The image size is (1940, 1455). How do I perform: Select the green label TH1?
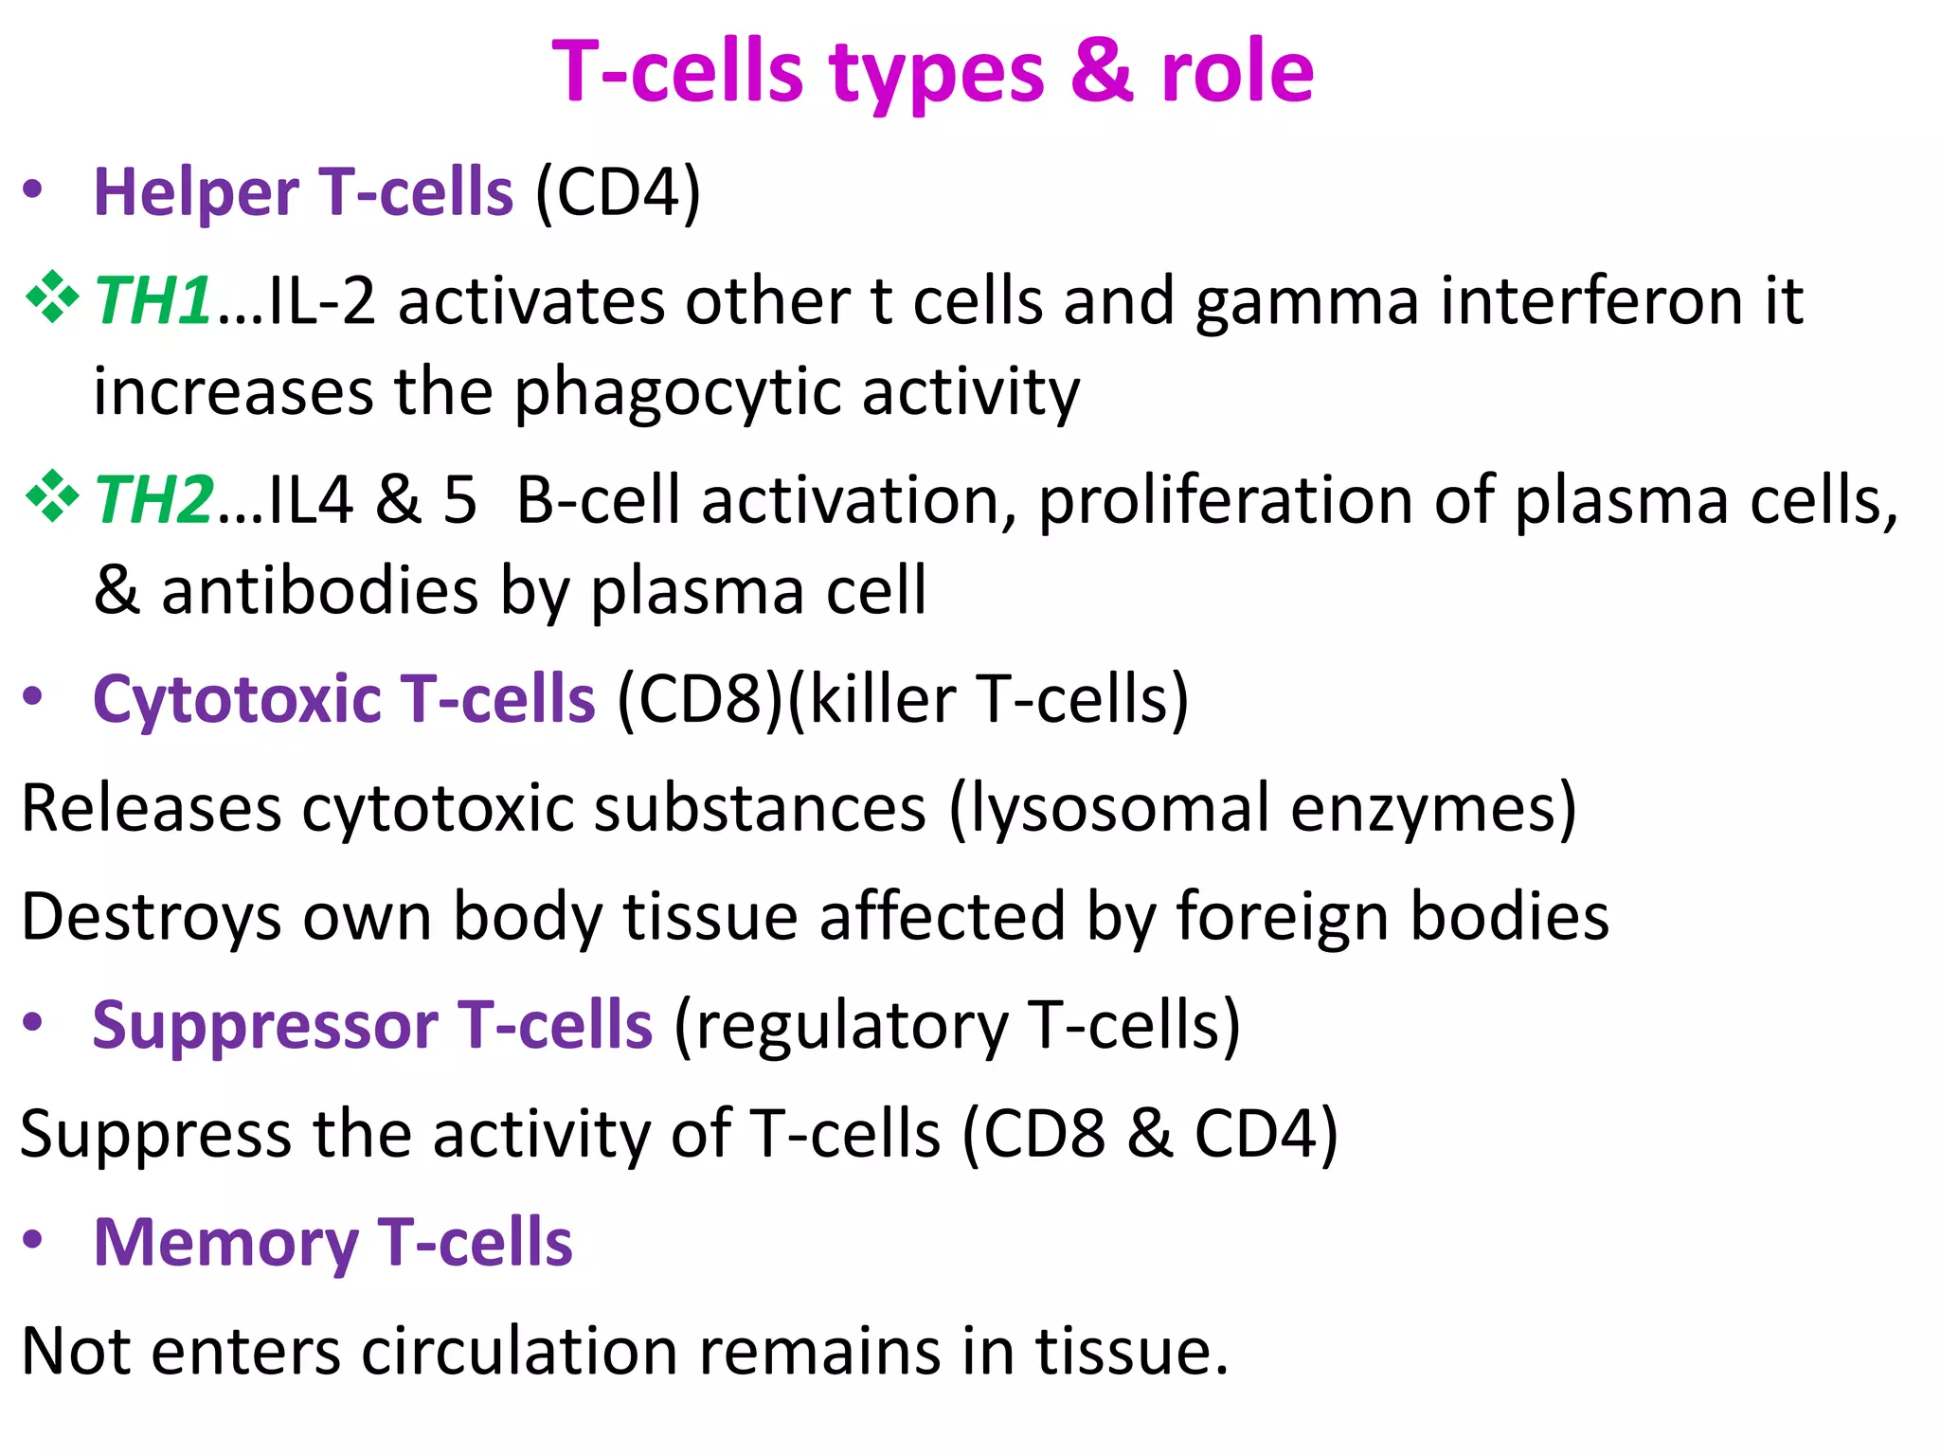point(152,301)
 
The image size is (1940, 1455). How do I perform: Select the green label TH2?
point(153,500)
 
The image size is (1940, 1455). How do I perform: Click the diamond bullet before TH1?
point(52,298)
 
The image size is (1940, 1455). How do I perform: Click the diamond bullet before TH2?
point(52,497)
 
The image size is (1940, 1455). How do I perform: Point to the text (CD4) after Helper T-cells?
point(618,193)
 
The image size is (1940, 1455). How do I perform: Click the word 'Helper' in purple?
point(196,193)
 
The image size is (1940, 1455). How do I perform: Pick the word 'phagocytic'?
point(677,393)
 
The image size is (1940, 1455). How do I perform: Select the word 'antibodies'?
point(319,591)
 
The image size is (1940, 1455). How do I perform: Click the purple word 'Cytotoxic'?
point(236,700)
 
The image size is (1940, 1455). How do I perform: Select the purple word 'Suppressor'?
point(264,1026)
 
